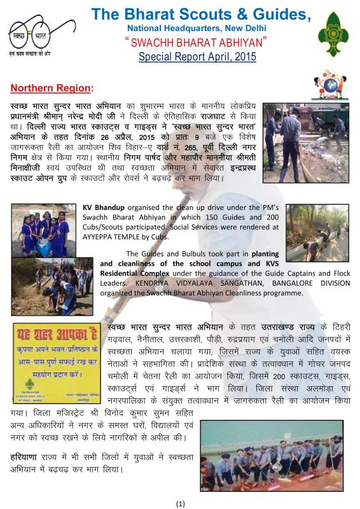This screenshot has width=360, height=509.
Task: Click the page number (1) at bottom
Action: [x=180, y=503]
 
